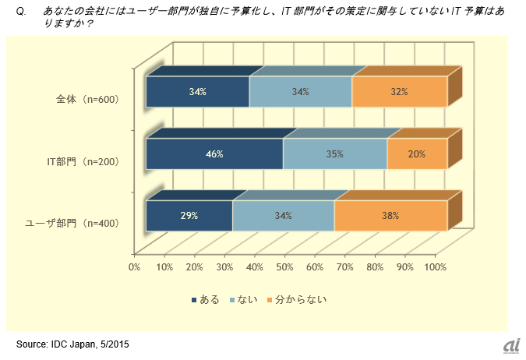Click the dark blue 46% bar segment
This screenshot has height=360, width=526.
(x=214, y=154)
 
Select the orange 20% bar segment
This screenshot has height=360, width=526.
(x=416, y=154)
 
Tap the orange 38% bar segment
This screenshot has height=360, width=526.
(x=390, y=216)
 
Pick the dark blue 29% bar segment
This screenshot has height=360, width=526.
(x=189, y=216)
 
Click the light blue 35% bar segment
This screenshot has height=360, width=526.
(x=334, y=154)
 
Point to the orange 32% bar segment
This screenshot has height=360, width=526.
(x=399, y=92)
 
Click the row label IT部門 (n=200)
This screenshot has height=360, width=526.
(x=81, y=161)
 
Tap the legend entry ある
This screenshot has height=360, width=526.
(x=205, y=298)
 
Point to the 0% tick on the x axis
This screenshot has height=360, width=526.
(x=134, y=267)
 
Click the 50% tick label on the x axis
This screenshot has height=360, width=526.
(x=284, y=267)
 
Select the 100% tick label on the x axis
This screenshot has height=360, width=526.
(x=435, y=267)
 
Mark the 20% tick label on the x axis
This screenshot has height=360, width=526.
(x=194, y=267)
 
